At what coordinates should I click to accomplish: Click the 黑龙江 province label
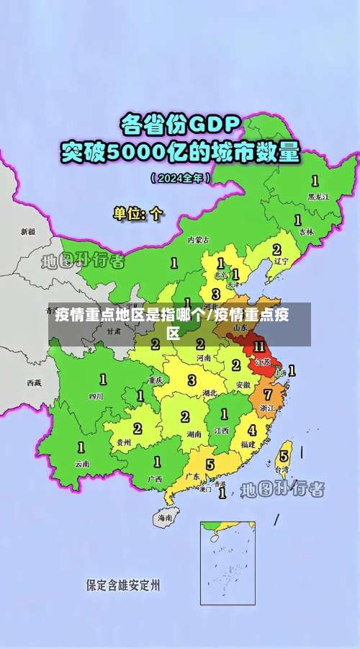click(x=318, y=196)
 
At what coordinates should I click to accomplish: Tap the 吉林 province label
click(x=307, y=232)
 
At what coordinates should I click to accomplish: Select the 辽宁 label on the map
click(x=281, y=261)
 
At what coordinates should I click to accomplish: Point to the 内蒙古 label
click(x=199, y=239)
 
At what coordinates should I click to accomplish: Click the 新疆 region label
click(x=27, y=232)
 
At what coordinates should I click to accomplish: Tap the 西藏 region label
click(x=34, y=382)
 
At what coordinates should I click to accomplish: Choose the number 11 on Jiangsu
click(x=259, y=347)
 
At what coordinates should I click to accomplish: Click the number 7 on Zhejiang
click(x=268, y=395)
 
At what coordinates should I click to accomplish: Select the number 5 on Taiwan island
click(x=284, y=456)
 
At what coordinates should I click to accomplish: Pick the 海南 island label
click(x=166, y=517)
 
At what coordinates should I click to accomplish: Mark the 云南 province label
click(x=82, y=463)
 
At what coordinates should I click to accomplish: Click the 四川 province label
click(x=96, y=396)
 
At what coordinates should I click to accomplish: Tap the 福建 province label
click(x=248, y=444)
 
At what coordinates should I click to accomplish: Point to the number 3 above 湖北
click(x=192, y=379)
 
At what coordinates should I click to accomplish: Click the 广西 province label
click(x=154, y=478)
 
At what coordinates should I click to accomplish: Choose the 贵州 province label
click(x=124, y=442)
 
